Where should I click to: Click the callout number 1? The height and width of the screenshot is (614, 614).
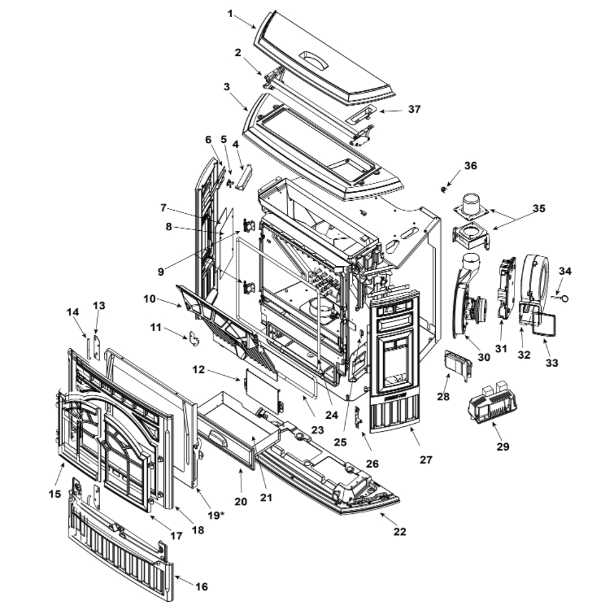click(231, 13)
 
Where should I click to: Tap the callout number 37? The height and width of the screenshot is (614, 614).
click(414, 109)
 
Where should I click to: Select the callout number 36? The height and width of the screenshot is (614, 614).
click(470, 166)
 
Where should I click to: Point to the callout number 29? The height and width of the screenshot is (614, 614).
click(503, 446)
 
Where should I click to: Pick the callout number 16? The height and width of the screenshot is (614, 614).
click(201, 587)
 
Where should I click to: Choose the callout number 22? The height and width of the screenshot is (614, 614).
click(400, 532)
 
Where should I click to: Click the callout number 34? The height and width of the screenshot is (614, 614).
click(565, 271)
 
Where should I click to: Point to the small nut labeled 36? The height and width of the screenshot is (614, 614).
click(443, 188)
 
